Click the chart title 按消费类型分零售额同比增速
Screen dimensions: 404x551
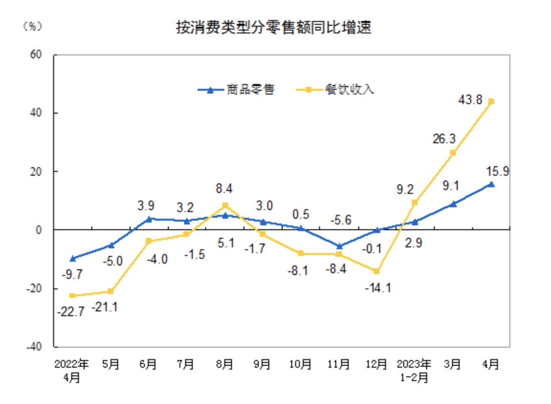(274, 28)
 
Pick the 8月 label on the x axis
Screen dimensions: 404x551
(224, 364)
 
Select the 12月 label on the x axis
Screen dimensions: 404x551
(376, 364)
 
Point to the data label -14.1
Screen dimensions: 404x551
(378, 288)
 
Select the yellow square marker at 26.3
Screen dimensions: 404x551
(452, 153)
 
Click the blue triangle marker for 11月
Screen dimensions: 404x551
(339, 246)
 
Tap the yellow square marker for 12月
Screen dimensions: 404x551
(376, 271)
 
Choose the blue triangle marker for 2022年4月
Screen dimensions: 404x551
(73, 258)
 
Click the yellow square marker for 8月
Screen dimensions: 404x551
(225, 205)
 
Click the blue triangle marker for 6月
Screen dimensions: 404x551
(149, 219)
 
